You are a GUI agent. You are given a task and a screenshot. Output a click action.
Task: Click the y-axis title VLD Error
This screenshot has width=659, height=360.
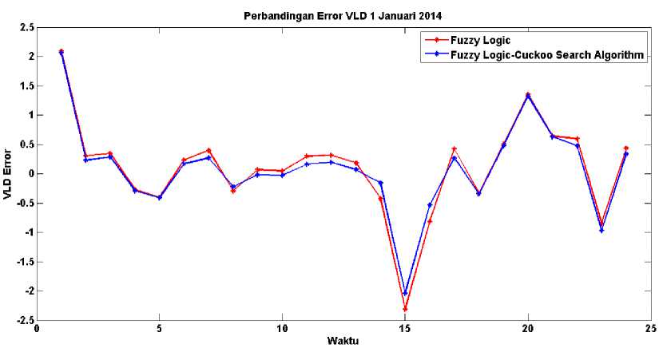tap(8, 173)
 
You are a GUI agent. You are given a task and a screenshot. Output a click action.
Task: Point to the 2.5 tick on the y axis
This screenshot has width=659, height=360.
tap(26, 27)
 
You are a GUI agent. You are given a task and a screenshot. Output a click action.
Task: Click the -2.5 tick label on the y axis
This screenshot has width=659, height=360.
tap(23, 320)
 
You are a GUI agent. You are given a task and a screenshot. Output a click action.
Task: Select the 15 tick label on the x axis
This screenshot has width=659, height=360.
tap(405, 328)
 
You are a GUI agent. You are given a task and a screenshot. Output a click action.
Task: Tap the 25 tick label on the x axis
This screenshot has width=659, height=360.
tap(650, 328)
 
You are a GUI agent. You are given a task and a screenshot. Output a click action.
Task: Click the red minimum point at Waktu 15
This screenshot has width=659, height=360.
tap(405, 309)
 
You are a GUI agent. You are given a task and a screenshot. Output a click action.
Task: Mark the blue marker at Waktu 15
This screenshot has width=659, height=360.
tap(405, 293)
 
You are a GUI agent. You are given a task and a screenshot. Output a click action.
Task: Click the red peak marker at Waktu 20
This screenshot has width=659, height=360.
tap(528, 94)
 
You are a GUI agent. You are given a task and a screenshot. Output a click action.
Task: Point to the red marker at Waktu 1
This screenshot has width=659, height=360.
tap(62, 51)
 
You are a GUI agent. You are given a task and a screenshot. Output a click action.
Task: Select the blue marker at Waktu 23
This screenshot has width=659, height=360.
tap(601, 231)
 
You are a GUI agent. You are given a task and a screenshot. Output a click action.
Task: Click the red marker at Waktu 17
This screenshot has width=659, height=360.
tap(455, 149)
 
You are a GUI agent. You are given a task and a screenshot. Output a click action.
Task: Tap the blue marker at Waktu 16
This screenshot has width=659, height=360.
tap(430, 205)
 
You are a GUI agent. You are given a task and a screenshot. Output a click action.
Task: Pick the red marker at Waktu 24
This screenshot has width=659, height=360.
tap(626, 148)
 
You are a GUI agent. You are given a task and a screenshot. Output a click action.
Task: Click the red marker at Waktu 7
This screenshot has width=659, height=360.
tap(208, 150)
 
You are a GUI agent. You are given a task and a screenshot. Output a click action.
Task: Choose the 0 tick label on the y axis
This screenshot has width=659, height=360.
tap(29, 173)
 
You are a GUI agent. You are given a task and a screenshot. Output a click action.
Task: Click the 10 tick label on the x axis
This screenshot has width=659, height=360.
tap(282, 328)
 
